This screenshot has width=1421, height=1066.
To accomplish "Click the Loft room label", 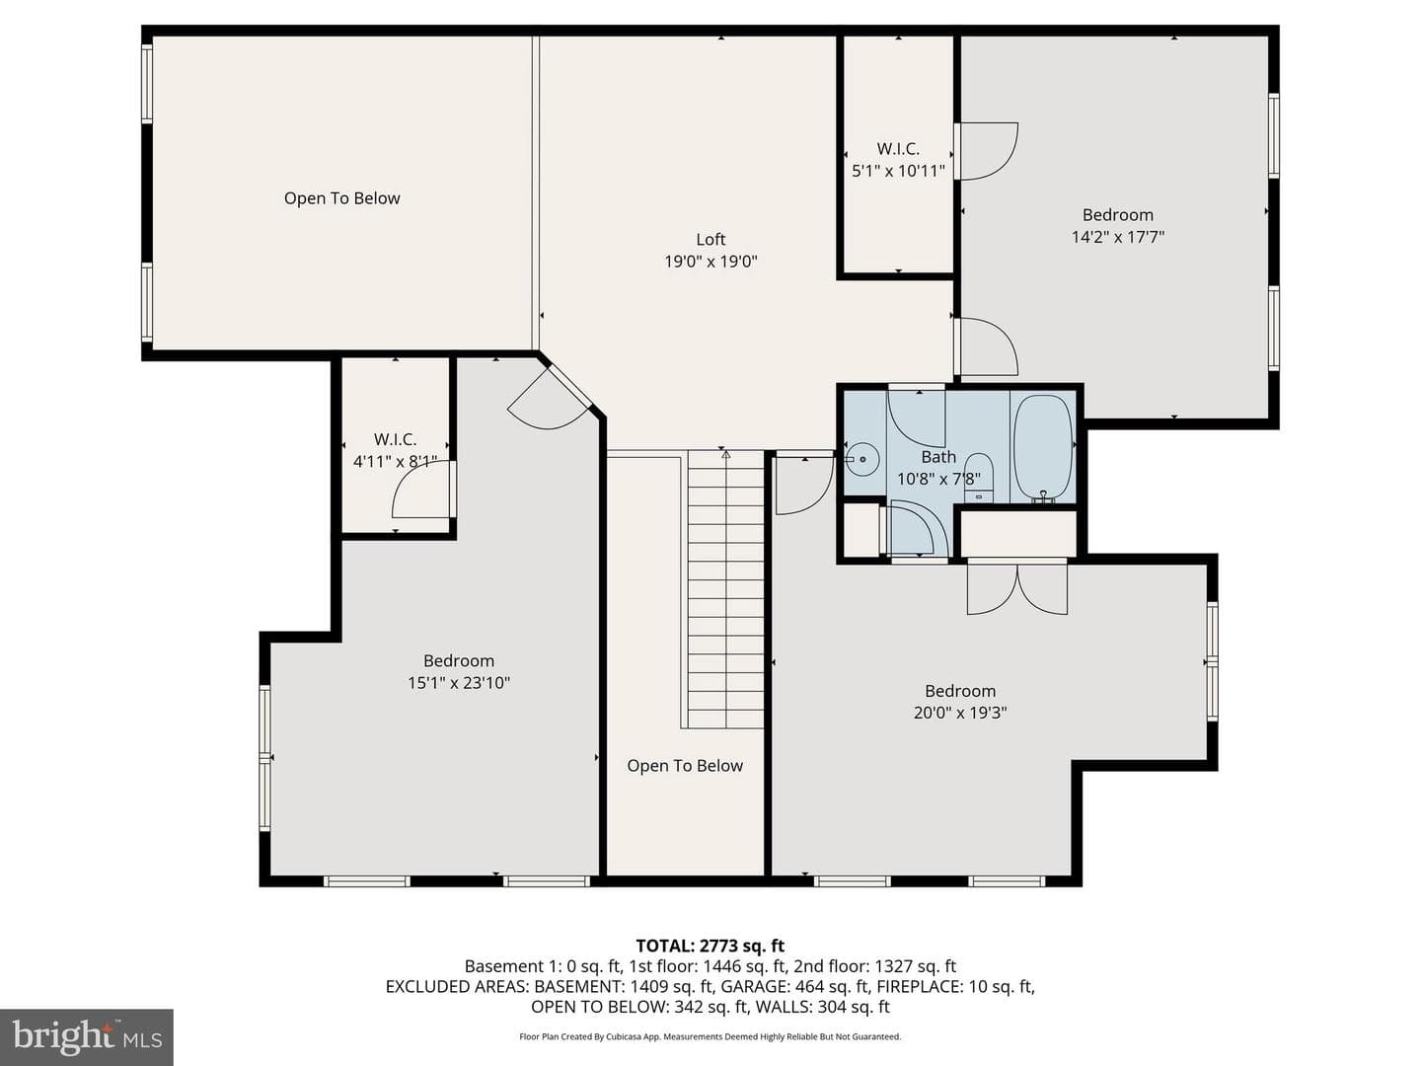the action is [710, 240].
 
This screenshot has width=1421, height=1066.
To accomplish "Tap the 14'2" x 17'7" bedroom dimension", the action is [1117, 237].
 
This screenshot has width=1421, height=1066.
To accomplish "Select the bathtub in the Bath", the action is [1042, 448].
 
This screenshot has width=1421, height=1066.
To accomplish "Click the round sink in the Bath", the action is [861, 459].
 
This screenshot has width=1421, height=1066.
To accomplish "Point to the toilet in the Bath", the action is [978, 478].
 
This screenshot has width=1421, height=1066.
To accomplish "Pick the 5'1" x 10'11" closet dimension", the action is [898, 172].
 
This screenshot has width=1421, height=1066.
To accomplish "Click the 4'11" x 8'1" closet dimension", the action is [395, 462].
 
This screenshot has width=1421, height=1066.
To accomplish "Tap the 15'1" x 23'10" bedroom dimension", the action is [459, 683].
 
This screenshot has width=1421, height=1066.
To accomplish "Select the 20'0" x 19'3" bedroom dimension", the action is [960, 713].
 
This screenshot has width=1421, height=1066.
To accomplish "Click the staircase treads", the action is [725, 589].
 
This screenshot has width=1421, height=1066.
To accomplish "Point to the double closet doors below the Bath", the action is [1017, 587].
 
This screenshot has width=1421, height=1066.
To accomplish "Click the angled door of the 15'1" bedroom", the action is [549, 397].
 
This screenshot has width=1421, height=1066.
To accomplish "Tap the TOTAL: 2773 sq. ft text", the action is [710, 946].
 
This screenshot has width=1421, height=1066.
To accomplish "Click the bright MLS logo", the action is [87, 1036].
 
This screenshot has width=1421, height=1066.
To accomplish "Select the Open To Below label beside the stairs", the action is [684, 766].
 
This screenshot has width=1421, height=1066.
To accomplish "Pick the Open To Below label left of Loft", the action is [341, 198].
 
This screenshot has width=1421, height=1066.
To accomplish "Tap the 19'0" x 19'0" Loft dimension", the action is [710, 262].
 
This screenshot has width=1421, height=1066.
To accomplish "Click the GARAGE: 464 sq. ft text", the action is [794, 986].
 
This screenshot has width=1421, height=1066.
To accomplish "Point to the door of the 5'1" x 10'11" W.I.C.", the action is [986, 151].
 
